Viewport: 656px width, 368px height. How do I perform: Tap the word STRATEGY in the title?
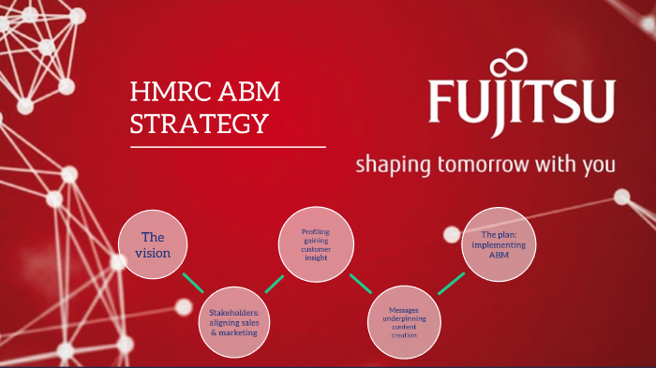click(200, 123)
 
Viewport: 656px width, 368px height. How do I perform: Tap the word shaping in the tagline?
click(388, 167)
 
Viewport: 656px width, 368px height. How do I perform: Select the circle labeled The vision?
click(153, 244)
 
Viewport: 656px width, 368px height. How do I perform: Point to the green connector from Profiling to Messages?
click(359, 284)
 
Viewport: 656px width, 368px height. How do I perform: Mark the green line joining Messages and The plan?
click(451, 283)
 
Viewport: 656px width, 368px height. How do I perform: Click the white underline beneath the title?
click(229, 147)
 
